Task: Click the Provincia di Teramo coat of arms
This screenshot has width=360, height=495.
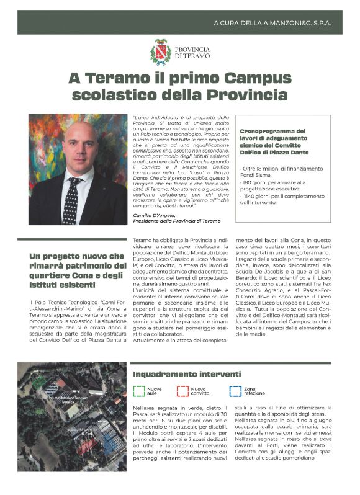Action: pos(161,51)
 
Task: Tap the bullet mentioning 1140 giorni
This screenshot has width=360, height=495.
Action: pos(284,198)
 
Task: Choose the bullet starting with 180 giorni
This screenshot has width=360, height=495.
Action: pos(279,184)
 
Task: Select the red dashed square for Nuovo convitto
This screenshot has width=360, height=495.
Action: pos(183,391)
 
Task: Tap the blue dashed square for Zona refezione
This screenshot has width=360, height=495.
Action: pos(235,391)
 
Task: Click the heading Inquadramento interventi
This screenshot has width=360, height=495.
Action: pos(187,374)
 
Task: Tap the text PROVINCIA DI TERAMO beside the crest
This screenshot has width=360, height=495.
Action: pos(192,52)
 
